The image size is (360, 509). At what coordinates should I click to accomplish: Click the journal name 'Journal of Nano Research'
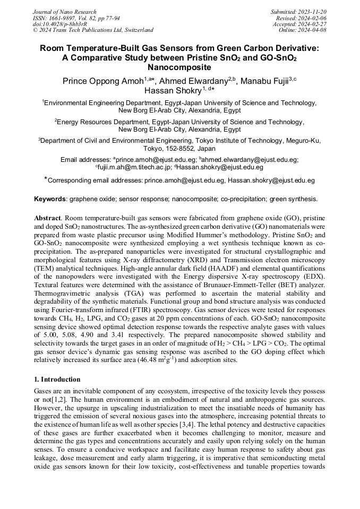click(x=64, y=12)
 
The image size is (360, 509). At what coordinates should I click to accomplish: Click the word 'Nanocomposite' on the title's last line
click(x=179, y=67)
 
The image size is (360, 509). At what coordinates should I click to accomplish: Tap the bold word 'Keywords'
click(x=50, y=199)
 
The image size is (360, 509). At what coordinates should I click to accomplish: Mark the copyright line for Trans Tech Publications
click(x=93, y=30)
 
